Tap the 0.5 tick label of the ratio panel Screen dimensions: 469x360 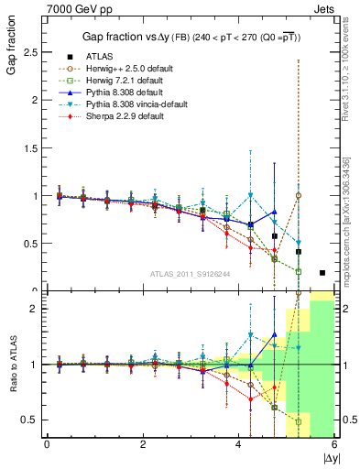click(x=32, y=420)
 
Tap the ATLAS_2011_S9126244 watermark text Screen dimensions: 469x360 click(x=190, y=273)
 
